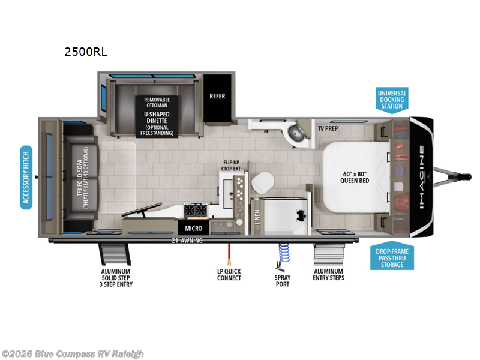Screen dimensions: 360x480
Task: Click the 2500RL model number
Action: point(86,52)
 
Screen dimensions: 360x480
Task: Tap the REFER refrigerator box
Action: point(217,96)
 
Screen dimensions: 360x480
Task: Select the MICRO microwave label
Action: point(193,229)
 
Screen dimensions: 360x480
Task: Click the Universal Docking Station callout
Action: point(392,100)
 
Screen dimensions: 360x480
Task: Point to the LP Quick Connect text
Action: point(229,274)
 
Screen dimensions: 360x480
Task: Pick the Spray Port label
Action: point(283,280)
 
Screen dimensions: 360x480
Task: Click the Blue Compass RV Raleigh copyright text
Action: point(73,353)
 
